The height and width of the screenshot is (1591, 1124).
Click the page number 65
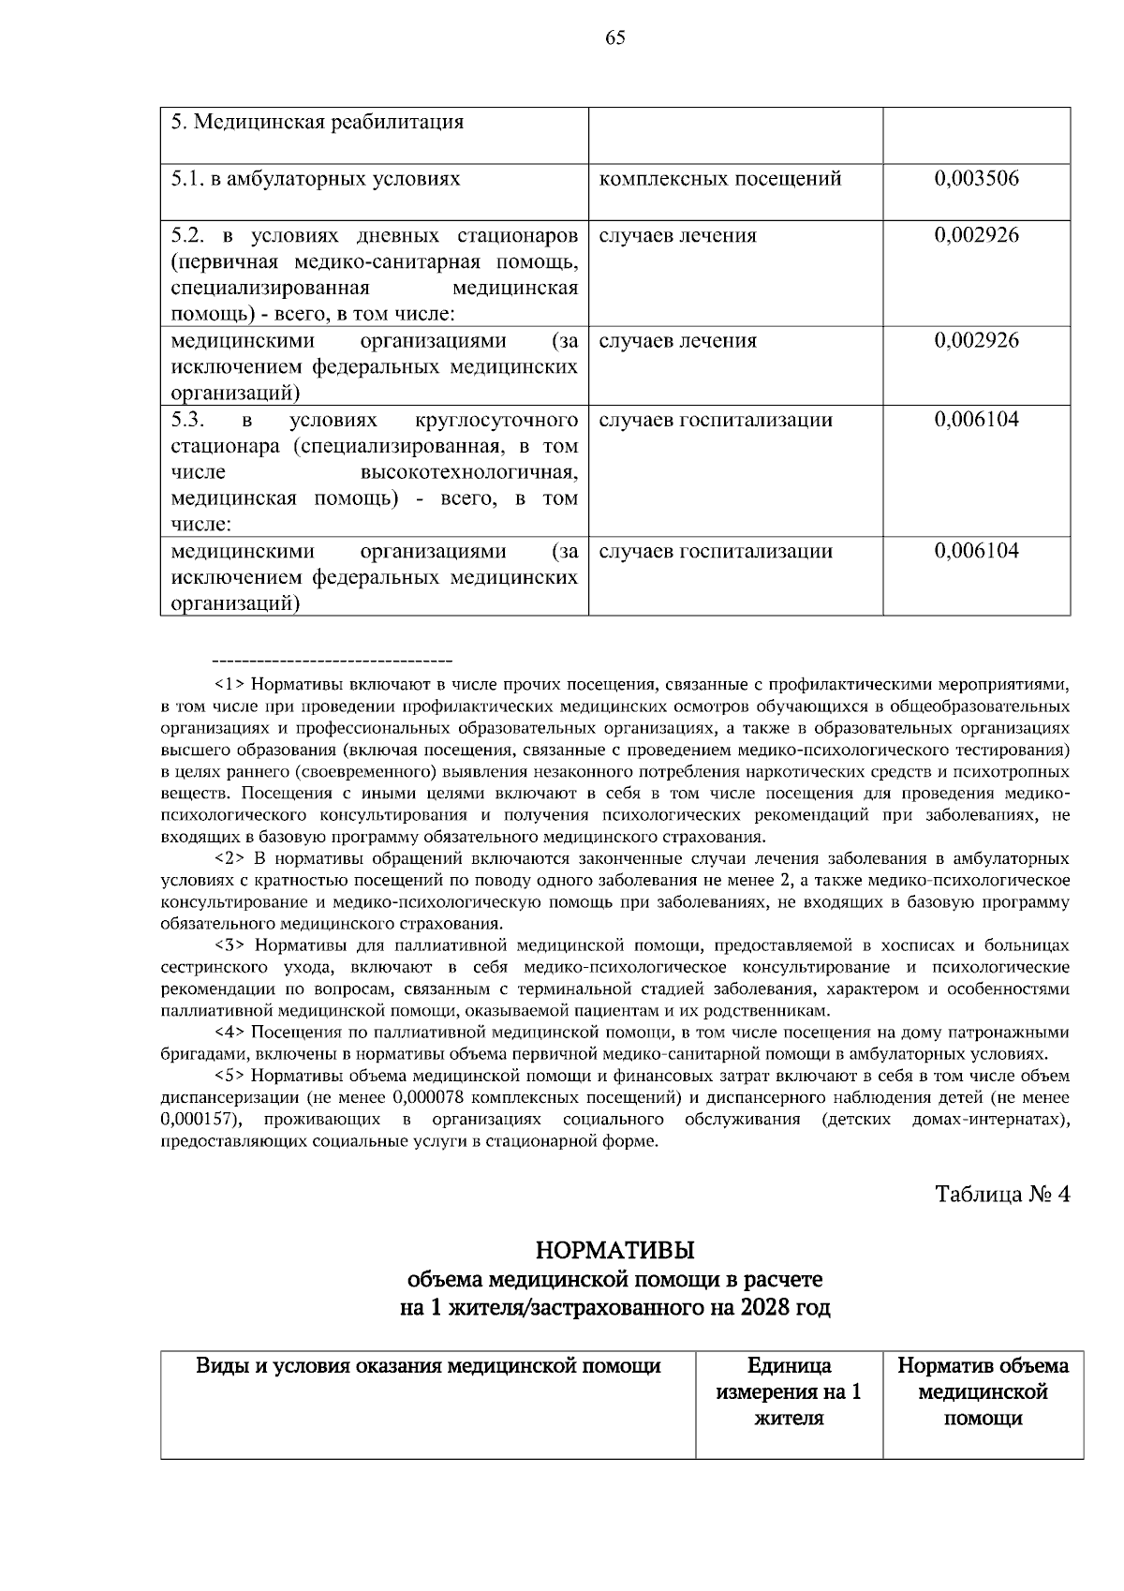point(615,37)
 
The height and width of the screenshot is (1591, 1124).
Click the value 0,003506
point(976,179)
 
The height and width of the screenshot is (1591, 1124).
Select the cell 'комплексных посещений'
point(719,179)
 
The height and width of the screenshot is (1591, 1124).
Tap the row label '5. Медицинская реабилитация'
point(318,123)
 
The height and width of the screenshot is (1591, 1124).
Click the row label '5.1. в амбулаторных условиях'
point(316,179)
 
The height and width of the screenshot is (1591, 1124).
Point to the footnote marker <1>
point(229,684)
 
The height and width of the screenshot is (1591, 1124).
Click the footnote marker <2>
point(229,858)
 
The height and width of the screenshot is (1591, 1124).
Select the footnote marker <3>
point(229,945)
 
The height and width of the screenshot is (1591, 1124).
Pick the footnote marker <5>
point(229,1077)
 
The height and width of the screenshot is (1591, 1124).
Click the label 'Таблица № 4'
point(1002,1195)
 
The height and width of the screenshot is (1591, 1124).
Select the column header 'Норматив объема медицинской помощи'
point(983,1391)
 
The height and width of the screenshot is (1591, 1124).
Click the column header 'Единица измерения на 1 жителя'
point(789,1391)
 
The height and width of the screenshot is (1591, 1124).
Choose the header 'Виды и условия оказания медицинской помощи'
point(428,1366)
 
